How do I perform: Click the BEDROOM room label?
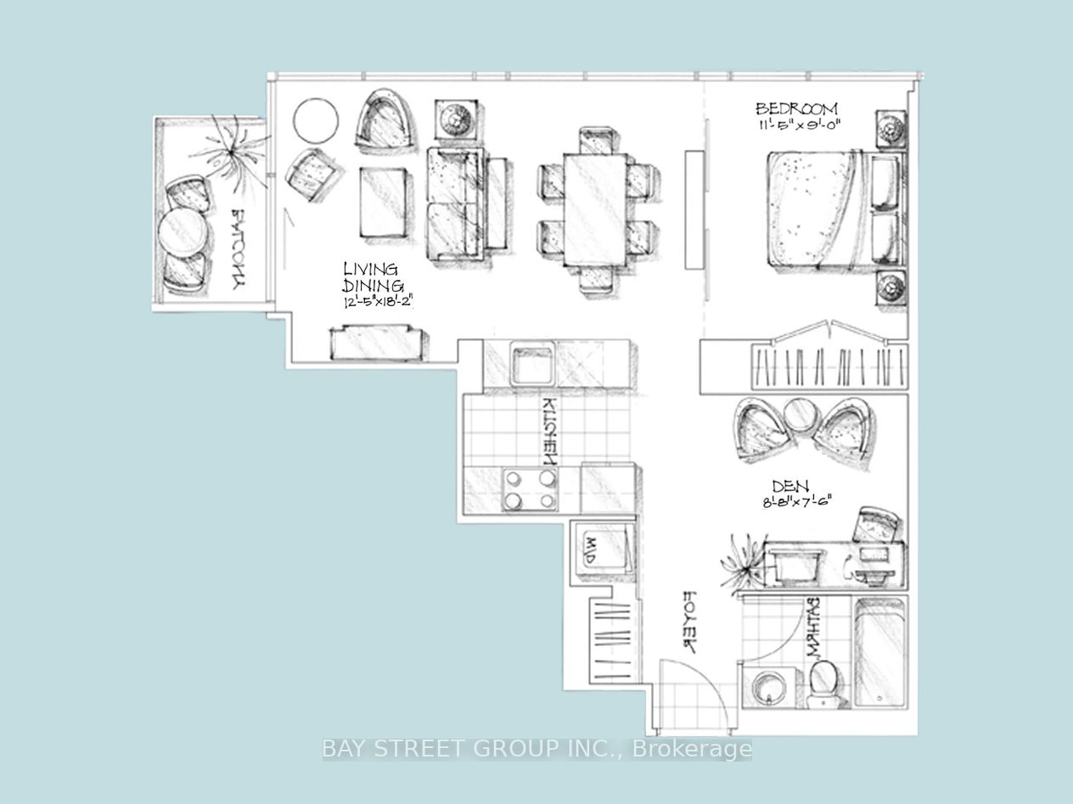pos(796,109)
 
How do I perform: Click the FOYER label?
pos(689,622)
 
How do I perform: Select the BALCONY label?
pos(241,250)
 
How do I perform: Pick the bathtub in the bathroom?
pos(879,653)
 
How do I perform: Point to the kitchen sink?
pos(531,363)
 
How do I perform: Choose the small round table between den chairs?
pos(799,416)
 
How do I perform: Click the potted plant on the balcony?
pos(228,154)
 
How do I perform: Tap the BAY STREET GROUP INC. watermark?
pos(536,749)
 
